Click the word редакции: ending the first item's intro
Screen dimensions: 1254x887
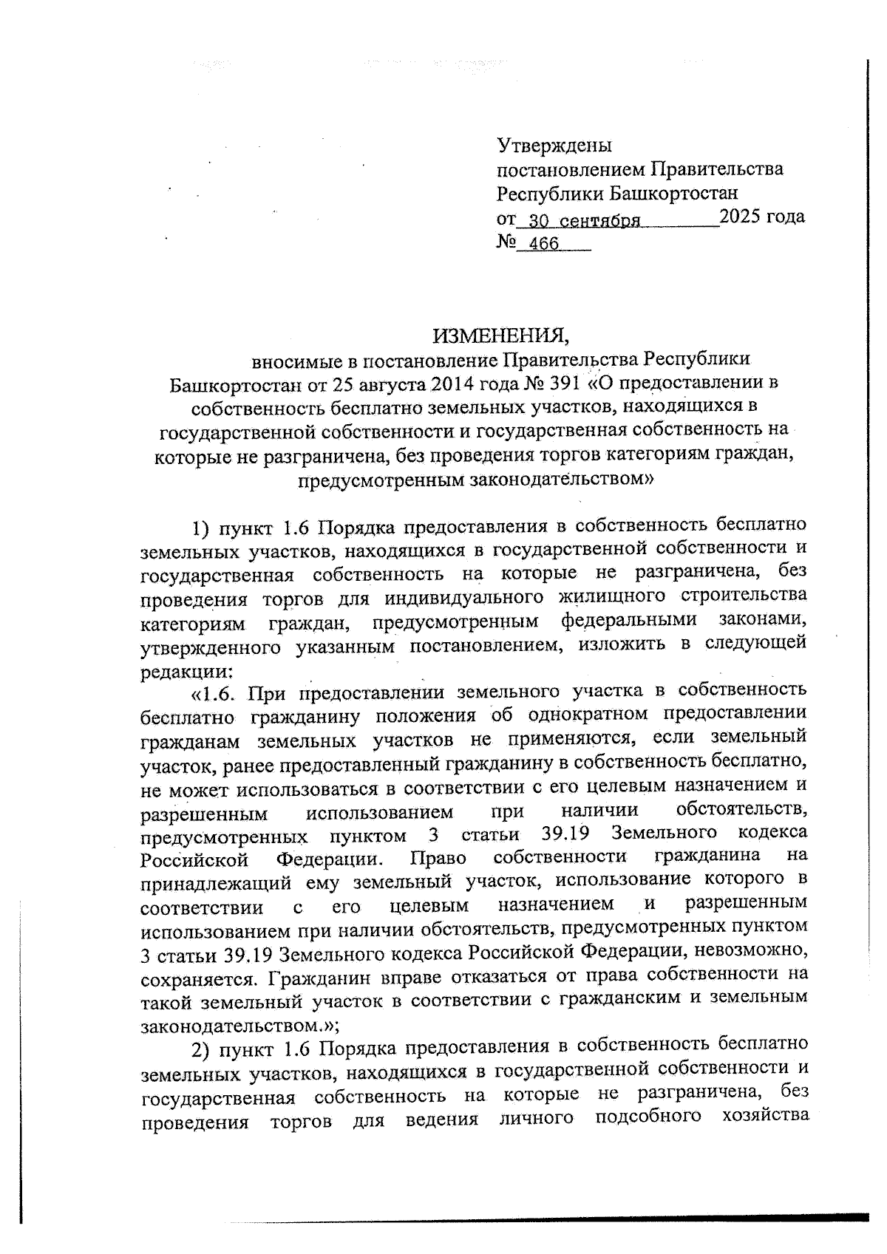[186, 670]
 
